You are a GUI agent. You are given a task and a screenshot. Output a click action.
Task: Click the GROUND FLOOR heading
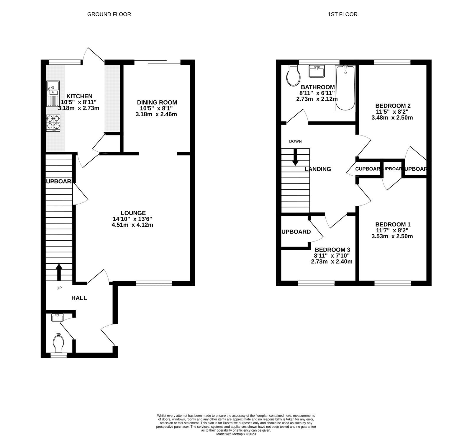pos(109,14)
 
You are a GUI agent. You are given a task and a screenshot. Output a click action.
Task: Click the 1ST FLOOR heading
pos(342,14)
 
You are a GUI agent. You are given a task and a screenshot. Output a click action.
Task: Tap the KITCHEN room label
pos(79,96)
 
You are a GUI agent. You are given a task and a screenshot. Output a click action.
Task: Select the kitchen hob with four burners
pos(53,123)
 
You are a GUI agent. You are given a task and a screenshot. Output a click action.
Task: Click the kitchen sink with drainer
pos(53,94)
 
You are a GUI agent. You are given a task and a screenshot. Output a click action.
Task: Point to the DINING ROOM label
pos(157,102)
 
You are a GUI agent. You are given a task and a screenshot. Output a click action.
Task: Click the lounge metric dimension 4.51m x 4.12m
pos(133,225)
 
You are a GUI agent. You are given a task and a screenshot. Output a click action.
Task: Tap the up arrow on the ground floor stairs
pos(59,272)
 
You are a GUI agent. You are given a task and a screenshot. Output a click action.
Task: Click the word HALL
pos(79,298)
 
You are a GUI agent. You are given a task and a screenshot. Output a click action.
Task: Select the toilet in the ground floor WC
pos(59,344)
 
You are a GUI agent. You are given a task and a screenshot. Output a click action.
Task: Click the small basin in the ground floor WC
pos(58,318)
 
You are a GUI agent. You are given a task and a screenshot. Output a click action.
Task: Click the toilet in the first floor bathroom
pos(293,76)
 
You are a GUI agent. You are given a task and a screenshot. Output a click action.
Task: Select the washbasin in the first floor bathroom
pos(317,71)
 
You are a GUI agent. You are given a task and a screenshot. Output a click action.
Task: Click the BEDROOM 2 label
pos(393,106)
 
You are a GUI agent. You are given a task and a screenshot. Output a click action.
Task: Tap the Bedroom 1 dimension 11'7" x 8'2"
pos(392,230)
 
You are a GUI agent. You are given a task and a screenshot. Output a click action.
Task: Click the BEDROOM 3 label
pos(332,250)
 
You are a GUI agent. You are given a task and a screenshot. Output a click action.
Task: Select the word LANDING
pos(318,169)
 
